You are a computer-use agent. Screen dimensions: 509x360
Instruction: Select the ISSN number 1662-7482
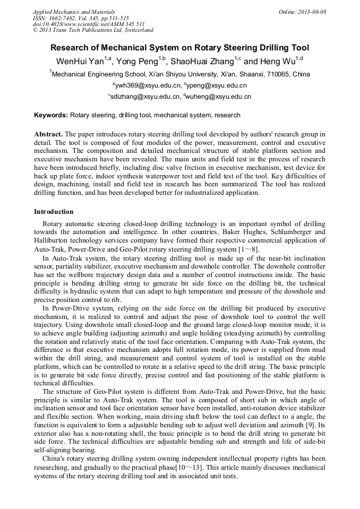(64, 18)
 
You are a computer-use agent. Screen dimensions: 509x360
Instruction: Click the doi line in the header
(89, 24)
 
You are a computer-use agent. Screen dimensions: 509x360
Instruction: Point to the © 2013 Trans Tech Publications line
(93, 30)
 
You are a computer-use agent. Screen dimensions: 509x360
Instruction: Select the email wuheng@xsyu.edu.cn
(219, 97)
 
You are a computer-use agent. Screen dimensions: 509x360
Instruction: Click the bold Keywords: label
(51, 115)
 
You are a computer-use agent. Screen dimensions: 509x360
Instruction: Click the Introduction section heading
(54, 212)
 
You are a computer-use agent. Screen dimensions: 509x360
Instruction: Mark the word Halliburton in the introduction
(52, 240)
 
